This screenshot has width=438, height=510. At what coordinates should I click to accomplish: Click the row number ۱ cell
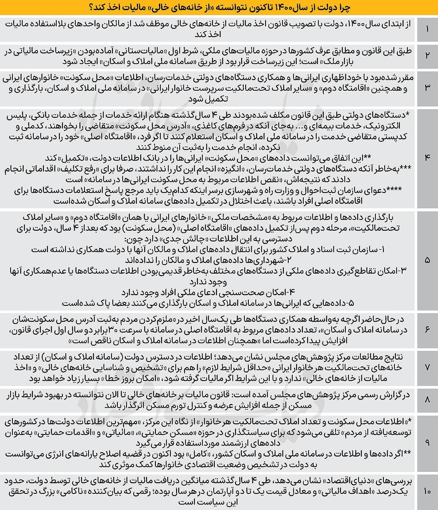(x=427, y=29)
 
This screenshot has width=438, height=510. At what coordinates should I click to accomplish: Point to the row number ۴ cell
(x=427, y=157)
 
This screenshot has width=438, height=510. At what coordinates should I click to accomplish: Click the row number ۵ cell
(x=427, y=260)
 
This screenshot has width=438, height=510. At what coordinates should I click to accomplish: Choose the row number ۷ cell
(x=427, y=367)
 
